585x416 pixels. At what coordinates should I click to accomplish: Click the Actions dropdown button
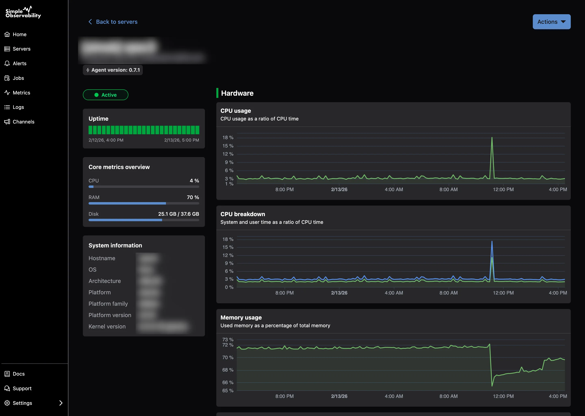(551, 22)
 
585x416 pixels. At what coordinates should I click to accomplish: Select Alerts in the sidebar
(19, 64)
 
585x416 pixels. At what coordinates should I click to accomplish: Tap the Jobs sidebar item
(18, 78)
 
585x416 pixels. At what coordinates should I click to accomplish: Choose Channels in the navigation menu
(23, 122)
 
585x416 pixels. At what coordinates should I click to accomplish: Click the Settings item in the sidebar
(22, 403)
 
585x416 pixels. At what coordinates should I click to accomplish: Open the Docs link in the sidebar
(18, 374)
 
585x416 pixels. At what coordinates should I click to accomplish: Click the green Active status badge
(106, 95)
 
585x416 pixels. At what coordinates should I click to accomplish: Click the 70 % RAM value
(193, 197)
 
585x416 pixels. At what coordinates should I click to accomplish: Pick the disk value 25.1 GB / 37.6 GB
(178, 214)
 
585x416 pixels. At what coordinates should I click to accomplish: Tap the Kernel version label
(107, 326)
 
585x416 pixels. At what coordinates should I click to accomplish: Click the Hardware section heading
(237, 93)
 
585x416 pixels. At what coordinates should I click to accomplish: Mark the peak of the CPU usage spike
(492, 138)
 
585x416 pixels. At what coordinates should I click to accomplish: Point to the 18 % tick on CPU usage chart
(228, 138)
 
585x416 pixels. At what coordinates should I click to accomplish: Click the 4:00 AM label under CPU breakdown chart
(394, 293)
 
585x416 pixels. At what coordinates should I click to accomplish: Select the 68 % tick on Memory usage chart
(228, 370)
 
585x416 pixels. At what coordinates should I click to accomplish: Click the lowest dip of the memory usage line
(492, 386)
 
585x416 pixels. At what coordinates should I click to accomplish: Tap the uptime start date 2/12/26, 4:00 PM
(106, 140)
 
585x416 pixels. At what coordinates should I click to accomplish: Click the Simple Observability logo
(23, 12)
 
